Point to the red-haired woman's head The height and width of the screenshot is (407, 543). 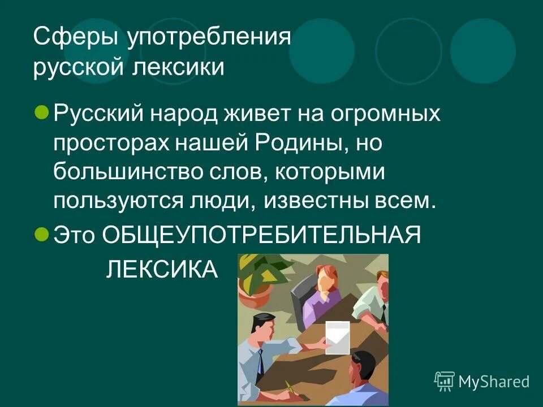[326, 278]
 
